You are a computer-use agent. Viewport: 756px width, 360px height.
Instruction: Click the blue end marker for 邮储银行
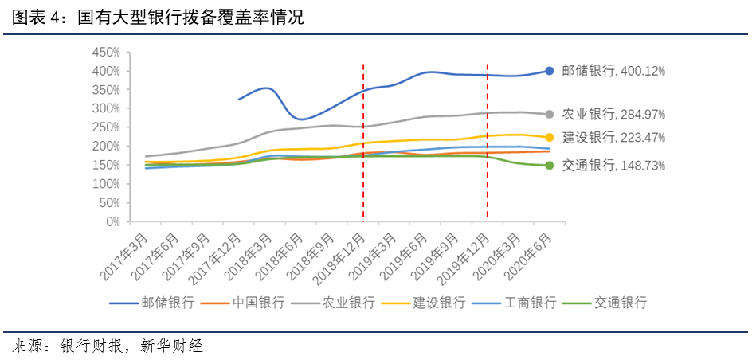pyautogui.click(x=549, y=71)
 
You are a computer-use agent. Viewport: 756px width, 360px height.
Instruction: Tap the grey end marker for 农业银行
pyautogui.click(x=549, y=114)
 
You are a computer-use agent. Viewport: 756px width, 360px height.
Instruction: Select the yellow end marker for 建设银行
pyautogui.click(x=549, y=137)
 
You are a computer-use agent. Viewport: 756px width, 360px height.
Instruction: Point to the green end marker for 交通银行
pyautogui.click(x=549, y=166)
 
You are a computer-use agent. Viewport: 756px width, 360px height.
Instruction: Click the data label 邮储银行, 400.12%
pyautogui.click(x=613, y=71)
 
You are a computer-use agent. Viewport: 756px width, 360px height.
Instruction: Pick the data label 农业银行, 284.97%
pyautogui.click(x=613, y=114)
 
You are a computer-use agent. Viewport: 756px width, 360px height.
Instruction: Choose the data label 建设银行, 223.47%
pyautogui.click(x=613, y=137)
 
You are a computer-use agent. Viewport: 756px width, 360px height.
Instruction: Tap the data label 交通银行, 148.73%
pyautogui.click(x=613, y=166)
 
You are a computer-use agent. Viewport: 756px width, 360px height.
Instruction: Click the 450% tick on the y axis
pyautogui.click(x=105, y=52)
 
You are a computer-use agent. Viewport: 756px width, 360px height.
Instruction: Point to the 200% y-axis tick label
pyautogui.click(x=105, y=147)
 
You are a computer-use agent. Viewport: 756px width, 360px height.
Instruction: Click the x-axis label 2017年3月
pyautogui.click(x=127, y=253)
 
